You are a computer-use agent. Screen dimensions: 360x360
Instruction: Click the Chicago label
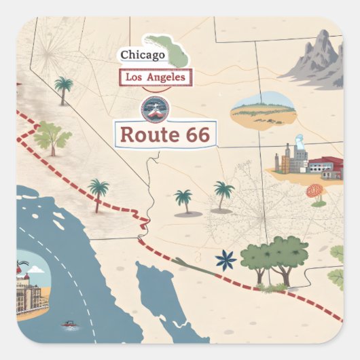[143, 55]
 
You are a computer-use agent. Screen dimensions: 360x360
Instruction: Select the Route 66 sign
[165, 134]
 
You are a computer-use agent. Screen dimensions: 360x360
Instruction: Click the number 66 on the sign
[197, 134]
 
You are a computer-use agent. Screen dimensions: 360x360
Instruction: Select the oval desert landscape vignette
[263, 109]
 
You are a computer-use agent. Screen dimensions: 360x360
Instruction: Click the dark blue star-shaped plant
[225, 260]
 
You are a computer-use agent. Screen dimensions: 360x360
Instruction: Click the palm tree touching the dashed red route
[98, 191]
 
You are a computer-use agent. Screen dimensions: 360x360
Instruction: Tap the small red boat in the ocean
[69, 323]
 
